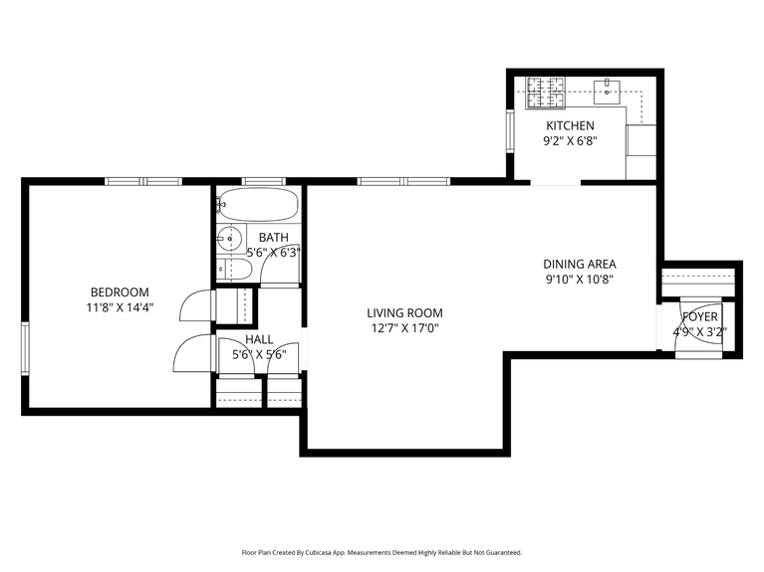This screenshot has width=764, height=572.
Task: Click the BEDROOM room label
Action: [x=120, y=291]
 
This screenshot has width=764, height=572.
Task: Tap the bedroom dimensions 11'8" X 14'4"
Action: [x=120, y=307]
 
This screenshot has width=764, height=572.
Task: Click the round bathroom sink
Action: [x=230, y=239]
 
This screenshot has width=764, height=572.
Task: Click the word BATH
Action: [x=274, y=238]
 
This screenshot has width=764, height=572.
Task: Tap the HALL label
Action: [x=259, y=339]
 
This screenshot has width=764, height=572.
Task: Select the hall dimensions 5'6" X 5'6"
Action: [x=259, y=354]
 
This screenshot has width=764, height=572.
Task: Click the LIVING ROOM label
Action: [x=404, y=312]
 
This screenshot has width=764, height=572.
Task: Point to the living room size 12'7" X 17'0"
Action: [x=404, y=327]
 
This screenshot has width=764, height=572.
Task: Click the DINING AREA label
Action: [x=579, y=264]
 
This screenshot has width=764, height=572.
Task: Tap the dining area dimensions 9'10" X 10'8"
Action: [x=579, y=280]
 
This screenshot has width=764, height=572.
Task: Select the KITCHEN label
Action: [x=570, y=126]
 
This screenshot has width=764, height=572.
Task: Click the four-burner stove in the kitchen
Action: [x=544, y=93]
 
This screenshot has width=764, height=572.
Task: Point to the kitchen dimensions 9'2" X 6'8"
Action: [x=570, y=142]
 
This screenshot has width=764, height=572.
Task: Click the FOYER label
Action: [x=700, y=316]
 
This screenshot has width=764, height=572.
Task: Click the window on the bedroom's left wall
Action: [x=26, y=348]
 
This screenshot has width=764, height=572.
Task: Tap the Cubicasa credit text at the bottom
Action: [x=382, y=552]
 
